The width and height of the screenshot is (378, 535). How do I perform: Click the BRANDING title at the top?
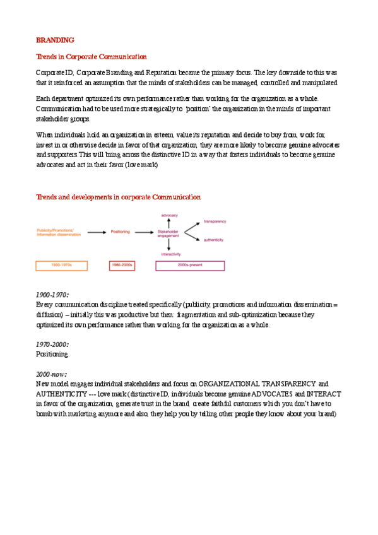click(55, 40)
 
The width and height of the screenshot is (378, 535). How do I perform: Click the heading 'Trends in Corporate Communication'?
click(91, 57)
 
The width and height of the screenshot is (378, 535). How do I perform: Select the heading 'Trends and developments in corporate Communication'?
click(118, 197)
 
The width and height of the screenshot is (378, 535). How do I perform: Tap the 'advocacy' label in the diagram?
click(169, 215)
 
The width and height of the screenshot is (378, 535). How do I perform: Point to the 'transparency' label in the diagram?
click(215, 221)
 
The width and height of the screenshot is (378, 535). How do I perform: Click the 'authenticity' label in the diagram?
click(214, 240)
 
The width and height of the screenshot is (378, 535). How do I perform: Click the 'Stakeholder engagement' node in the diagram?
click(168, 233)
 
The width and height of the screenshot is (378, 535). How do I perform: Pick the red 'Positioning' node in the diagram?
click(120, 232)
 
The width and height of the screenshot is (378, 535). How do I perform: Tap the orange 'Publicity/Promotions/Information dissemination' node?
click(56, 232)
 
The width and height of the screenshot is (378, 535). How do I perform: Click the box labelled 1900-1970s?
click(61, 266)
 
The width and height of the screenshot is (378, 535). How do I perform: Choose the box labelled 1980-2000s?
click(122, 266)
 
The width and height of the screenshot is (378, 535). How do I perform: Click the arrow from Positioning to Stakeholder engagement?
click(145, 232)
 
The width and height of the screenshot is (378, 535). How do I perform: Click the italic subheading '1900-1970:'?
click(52, 295)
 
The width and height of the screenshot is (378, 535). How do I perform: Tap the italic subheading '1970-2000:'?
click(52, 344)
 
